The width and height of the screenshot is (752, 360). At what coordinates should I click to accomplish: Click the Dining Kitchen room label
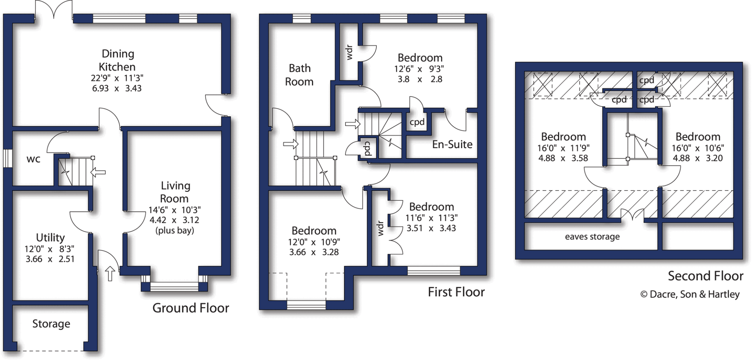pos(117,60)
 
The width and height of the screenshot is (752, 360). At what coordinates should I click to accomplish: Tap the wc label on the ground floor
pos(33,159)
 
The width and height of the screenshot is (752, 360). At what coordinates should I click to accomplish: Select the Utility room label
pos(50,237)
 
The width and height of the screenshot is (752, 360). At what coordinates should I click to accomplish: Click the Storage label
pos(51,324)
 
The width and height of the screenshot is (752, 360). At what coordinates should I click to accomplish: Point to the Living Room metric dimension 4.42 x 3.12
pos(174,220)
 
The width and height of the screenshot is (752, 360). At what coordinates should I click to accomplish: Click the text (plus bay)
pos(175,230)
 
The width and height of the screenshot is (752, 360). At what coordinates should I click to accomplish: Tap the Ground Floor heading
pos(191,308)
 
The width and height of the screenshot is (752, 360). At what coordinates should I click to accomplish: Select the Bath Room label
pos(299,75)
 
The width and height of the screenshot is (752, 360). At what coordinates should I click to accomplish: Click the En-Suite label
pos(452,145)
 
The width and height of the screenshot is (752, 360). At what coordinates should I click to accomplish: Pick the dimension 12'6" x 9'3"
pos(419,69)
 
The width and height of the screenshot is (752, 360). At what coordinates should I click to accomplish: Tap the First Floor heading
pos(456,292)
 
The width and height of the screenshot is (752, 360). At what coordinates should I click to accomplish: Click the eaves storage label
pos(592,237)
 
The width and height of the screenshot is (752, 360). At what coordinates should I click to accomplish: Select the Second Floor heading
pos(705,276)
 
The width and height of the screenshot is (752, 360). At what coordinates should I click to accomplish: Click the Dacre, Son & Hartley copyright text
pos(690,294)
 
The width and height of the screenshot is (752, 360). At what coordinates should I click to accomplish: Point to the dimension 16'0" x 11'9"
pos(563,148)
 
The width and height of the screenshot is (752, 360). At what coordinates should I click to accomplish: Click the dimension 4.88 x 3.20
pos(698,158)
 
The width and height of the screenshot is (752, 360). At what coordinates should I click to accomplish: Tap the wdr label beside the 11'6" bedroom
pos(380,228)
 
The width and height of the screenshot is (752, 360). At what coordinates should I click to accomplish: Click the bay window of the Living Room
pos(174,287)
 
